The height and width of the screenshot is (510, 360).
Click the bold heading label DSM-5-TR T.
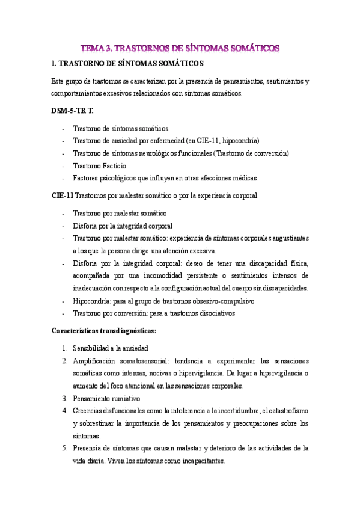click(x=73, y=111)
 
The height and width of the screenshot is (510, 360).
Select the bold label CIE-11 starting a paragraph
click(x=63, y=195)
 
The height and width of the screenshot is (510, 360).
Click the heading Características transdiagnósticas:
click(x=105, y=330)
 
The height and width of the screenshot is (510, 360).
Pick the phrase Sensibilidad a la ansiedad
click(x=111, y=348)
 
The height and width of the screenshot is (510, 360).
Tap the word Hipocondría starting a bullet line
click(x=93, y=301)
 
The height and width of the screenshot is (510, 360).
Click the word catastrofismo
click(x=285, y=411)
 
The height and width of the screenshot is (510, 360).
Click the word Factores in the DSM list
click(x=86, y=178)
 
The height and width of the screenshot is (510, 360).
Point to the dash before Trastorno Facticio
click(x=64, y=165)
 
